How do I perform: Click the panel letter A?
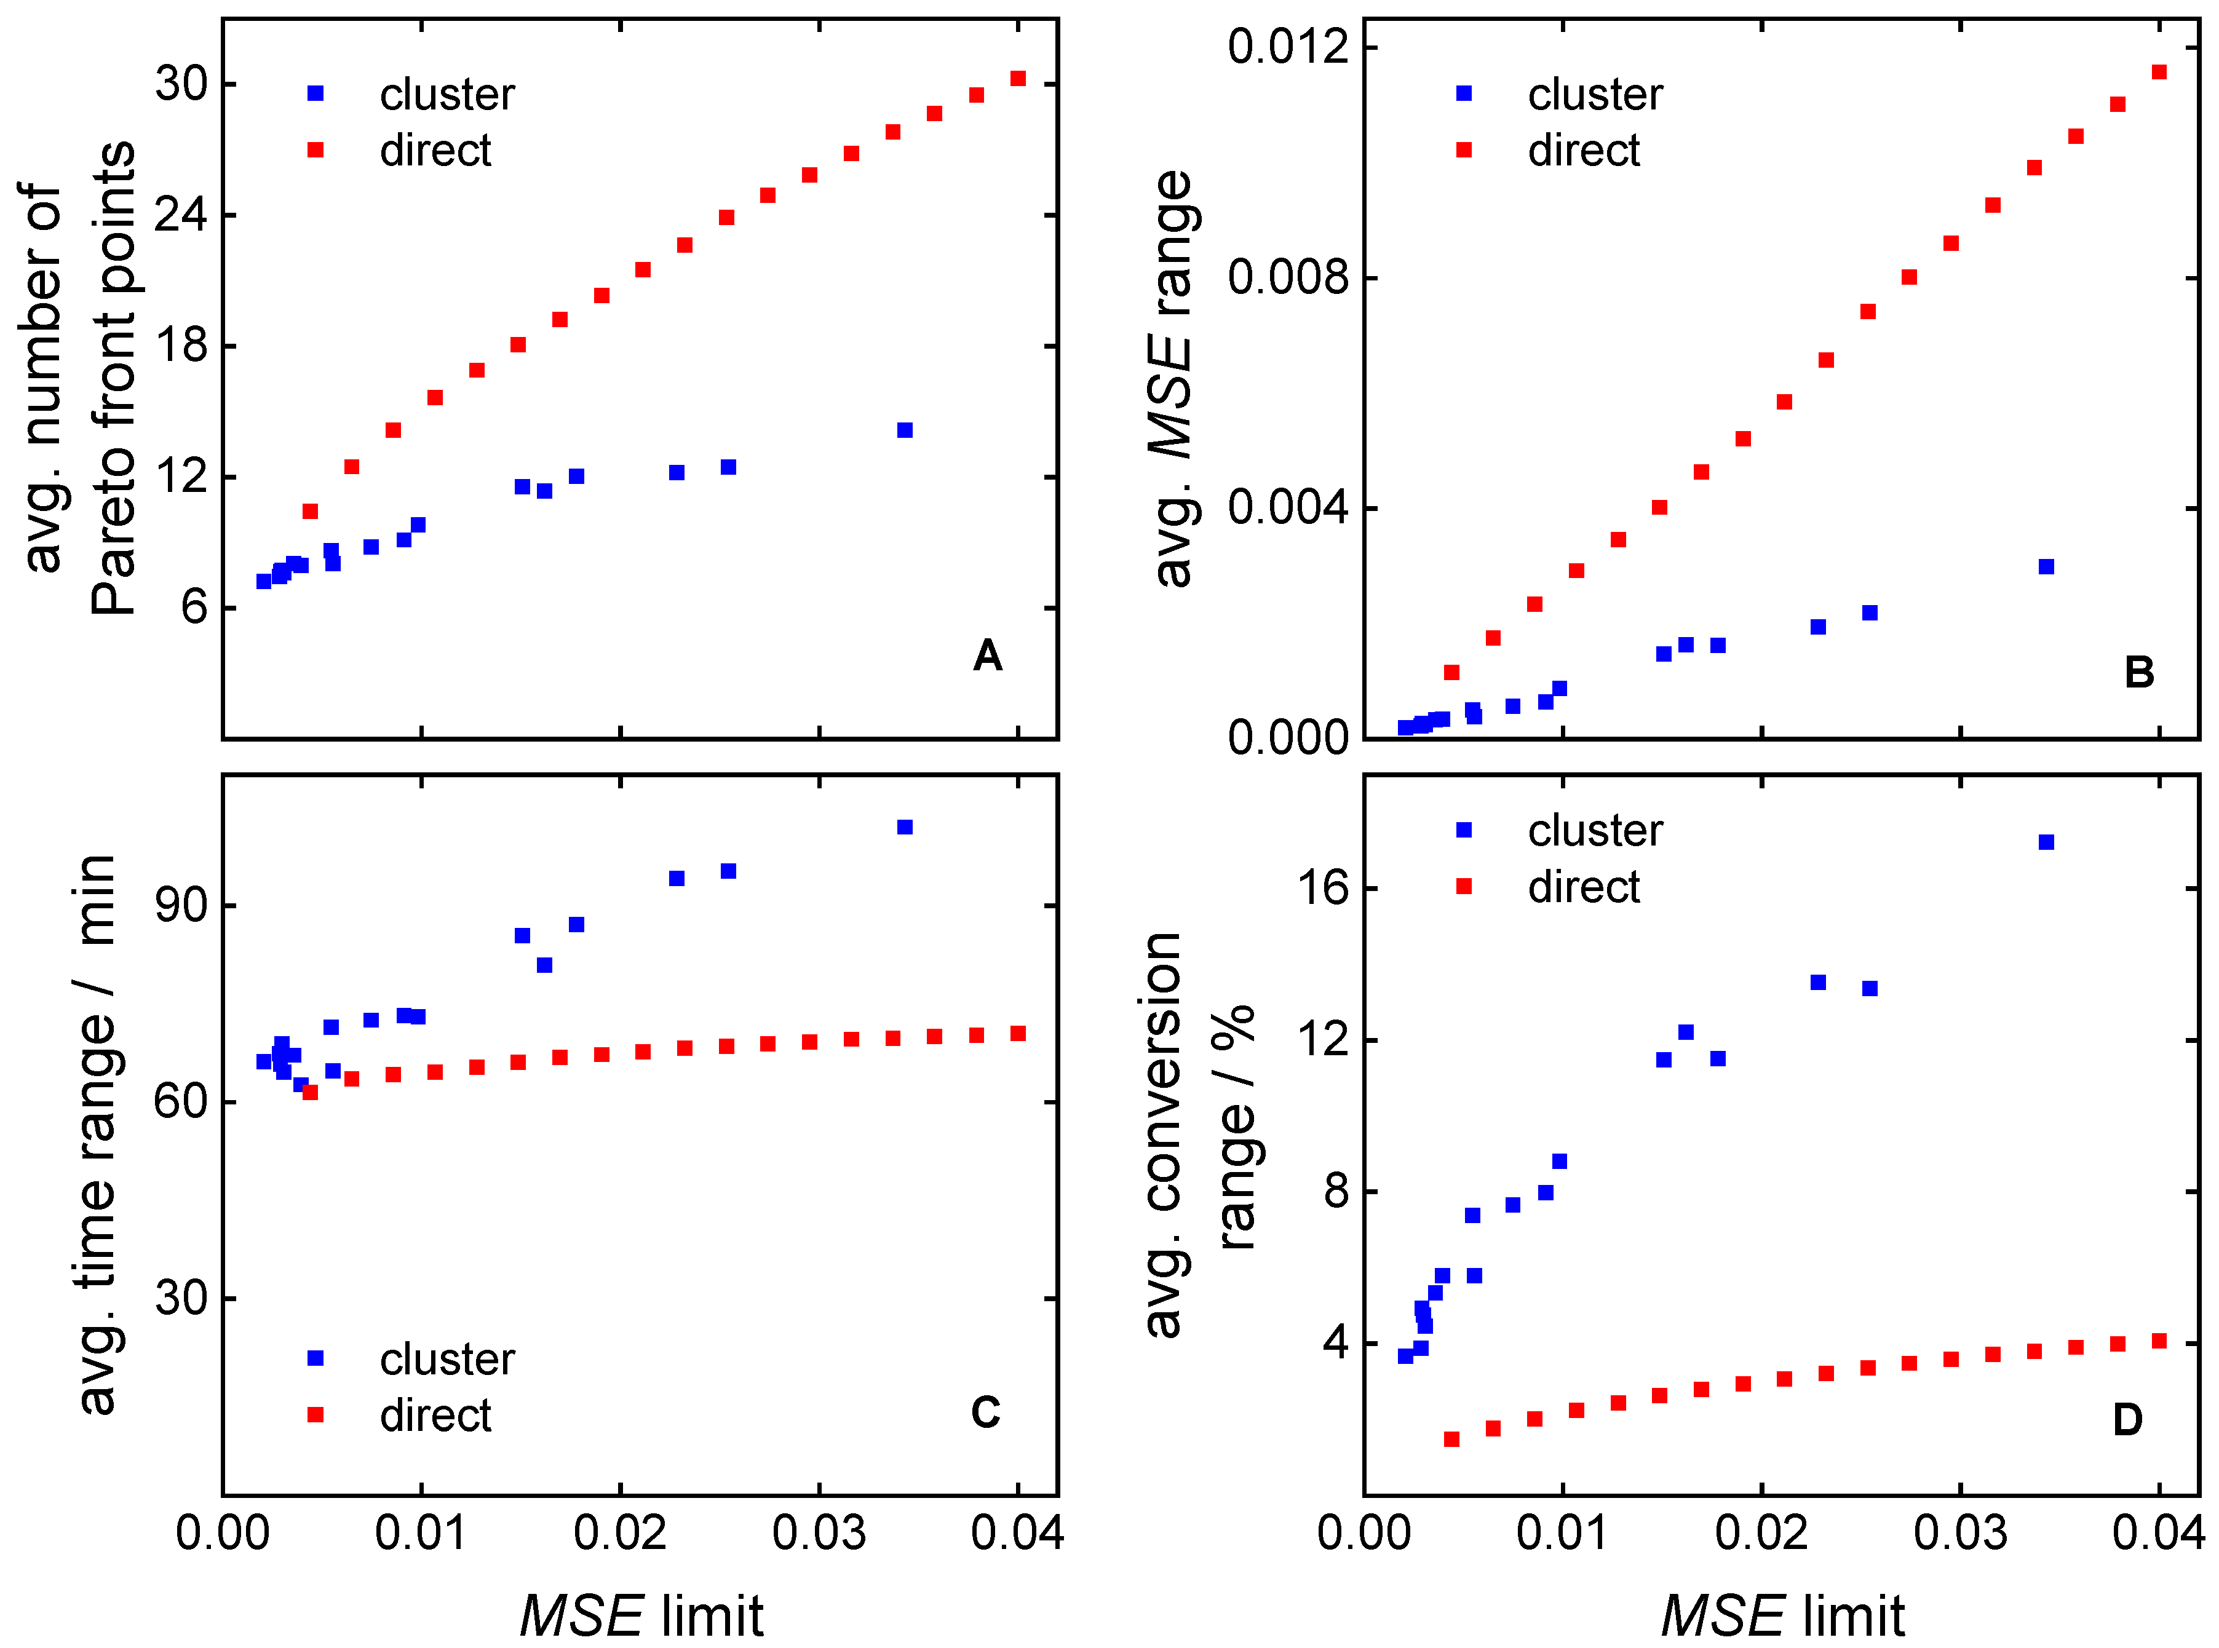coord(986,656)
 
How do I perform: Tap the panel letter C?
coord(985,1412)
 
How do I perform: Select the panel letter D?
coord(2127,1419)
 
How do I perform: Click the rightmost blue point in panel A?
coord(905,430)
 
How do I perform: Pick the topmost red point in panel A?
coord(1018,78)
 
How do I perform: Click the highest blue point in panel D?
coord(2046,842)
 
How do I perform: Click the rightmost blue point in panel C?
coord(905,827)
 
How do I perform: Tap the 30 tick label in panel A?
coord(181,83)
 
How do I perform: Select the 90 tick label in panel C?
coord(181,905)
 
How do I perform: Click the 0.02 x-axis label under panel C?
coord(619,1532)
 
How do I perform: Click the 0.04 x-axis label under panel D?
coord(2158,1532)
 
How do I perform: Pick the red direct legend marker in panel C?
coord(316,1414)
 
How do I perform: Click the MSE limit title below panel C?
coord(641,1615)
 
